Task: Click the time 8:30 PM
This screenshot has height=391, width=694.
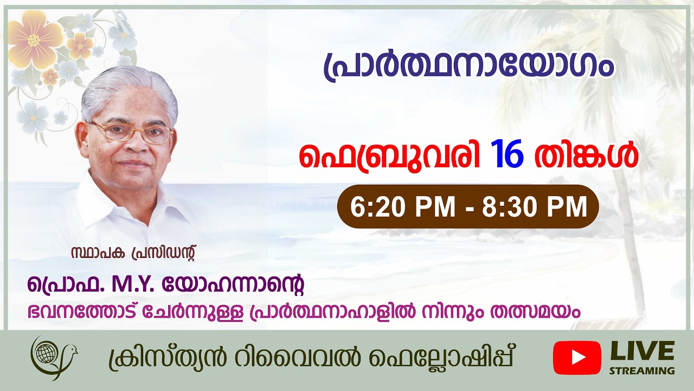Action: [534, 206]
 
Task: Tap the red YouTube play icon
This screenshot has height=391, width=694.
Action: [577, 358]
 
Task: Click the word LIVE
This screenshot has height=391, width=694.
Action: [642, 351]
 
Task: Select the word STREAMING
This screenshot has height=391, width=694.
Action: [642, 371]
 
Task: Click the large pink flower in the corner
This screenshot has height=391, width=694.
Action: [34, 40]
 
